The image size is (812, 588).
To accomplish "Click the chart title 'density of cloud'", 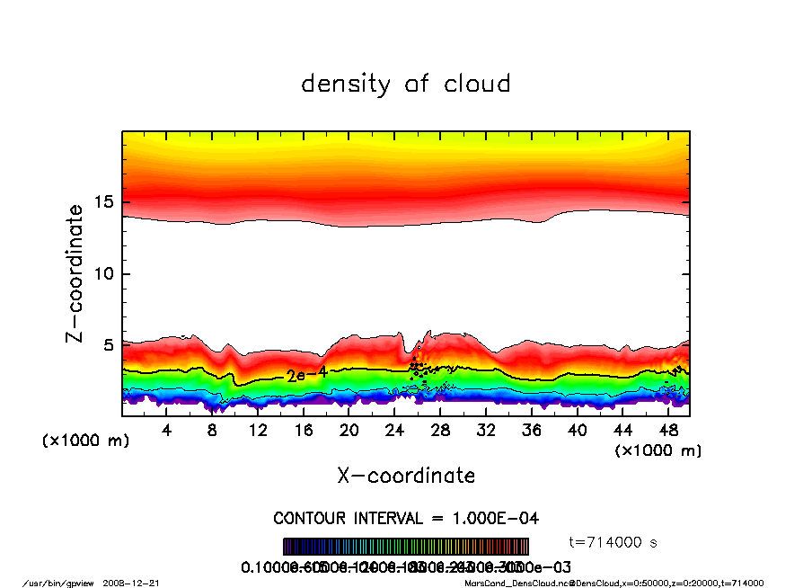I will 405,85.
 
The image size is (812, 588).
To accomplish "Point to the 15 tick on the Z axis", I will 105,202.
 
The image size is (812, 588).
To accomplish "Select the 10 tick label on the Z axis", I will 105,274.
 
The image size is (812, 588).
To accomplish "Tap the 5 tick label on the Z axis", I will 110,345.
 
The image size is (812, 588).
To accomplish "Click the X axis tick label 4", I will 166,431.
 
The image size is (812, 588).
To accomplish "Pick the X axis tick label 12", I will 258,431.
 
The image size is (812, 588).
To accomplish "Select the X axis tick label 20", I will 349,431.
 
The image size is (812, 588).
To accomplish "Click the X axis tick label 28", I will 440,431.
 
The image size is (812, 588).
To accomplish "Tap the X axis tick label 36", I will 531,431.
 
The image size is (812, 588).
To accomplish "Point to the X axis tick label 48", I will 667,431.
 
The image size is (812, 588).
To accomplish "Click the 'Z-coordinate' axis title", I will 76,273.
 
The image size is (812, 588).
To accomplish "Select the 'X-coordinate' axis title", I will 406,476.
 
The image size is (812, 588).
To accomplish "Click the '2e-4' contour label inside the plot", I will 307,375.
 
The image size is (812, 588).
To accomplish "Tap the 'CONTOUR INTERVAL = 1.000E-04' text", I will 406,519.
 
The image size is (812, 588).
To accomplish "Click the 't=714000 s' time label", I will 614,542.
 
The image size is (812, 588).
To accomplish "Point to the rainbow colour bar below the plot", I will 406,547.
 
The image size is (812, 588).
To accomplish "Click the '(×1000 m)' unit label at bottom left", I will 86,441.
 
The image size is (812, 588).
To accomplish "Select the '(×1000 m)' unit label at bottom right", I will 658,450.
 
